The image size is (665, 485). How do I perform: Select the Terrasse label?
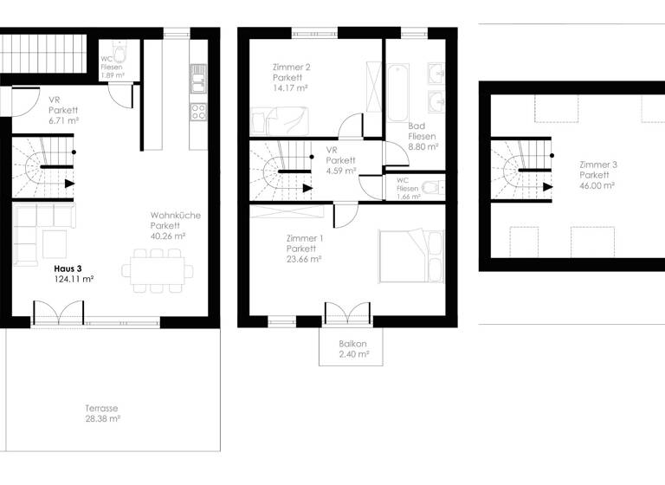coord(101,408)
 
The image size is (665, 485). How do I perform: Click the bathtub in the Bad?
coord(399,92)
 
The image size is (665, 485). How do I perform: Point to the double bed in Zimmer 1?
coord(411,256)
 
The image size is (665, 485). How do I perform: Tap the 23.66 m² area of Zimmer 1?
coord(303,258)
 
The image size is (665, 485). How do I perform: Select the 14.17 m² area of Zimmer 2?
coord(290,87)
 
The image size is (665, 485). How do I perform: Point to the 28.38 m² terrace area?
coord(102,418)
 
